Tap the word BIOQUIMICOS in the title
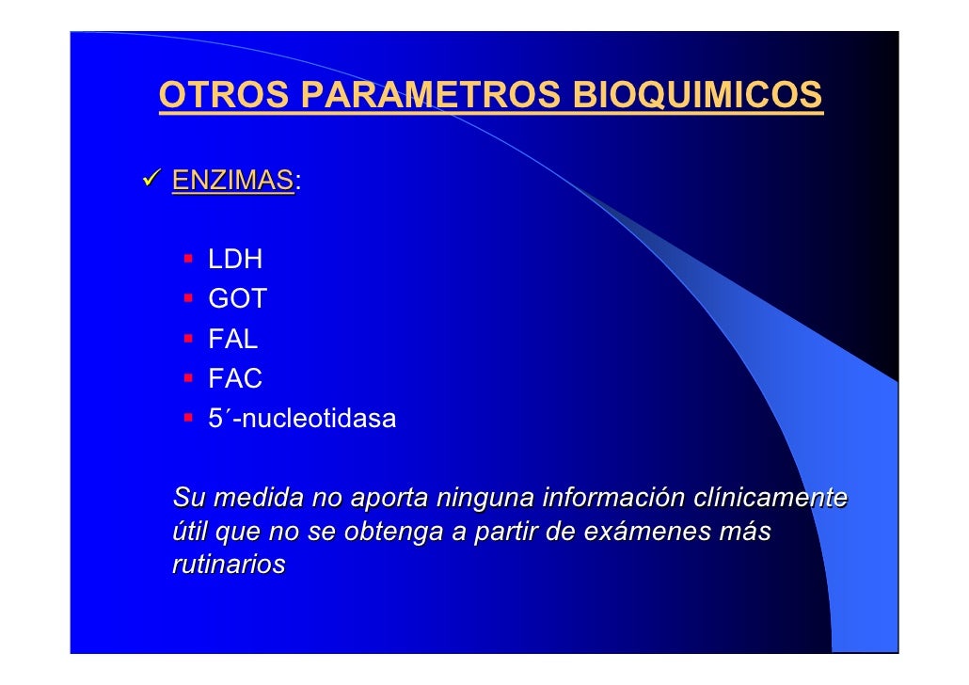click(x=697, y=96)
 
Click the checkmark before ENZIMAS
click(x=151, y=179)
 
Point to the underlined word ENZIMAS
click(x=232, y=180)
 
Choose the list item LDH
click(x=235, y=260)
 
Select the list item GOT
click(x=237, y=300)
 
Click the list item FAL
click(x=232, y=340)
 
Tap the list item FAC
click(x=234, y=379)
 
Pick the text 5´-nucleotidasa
click(x=302, y=420)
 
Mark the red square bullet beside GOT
click(x=189, y=297)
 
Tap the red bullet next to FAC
click(x=189, y=377)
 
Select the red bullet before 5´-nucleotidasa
click(x=189, y=417)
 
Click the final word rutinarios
click(x=229, y=566)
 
